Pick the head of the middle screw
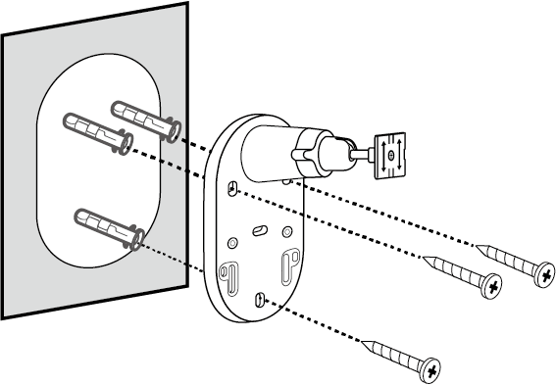coord(492,285)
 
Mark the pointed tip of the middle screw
coord(425,257)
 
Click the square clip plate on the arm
coord(392,155)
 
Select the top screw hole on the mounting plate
coord(232,188)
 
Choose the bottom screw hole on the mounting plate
coord(259,299)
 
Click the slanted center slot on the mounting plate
coord(259,228)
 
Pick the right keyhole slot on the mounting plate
coord(291,262)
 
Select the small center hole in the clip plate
coord(392,155)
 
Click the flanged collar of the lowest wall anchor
coord(138,238)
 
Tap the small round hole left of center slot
coord(231,240)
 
